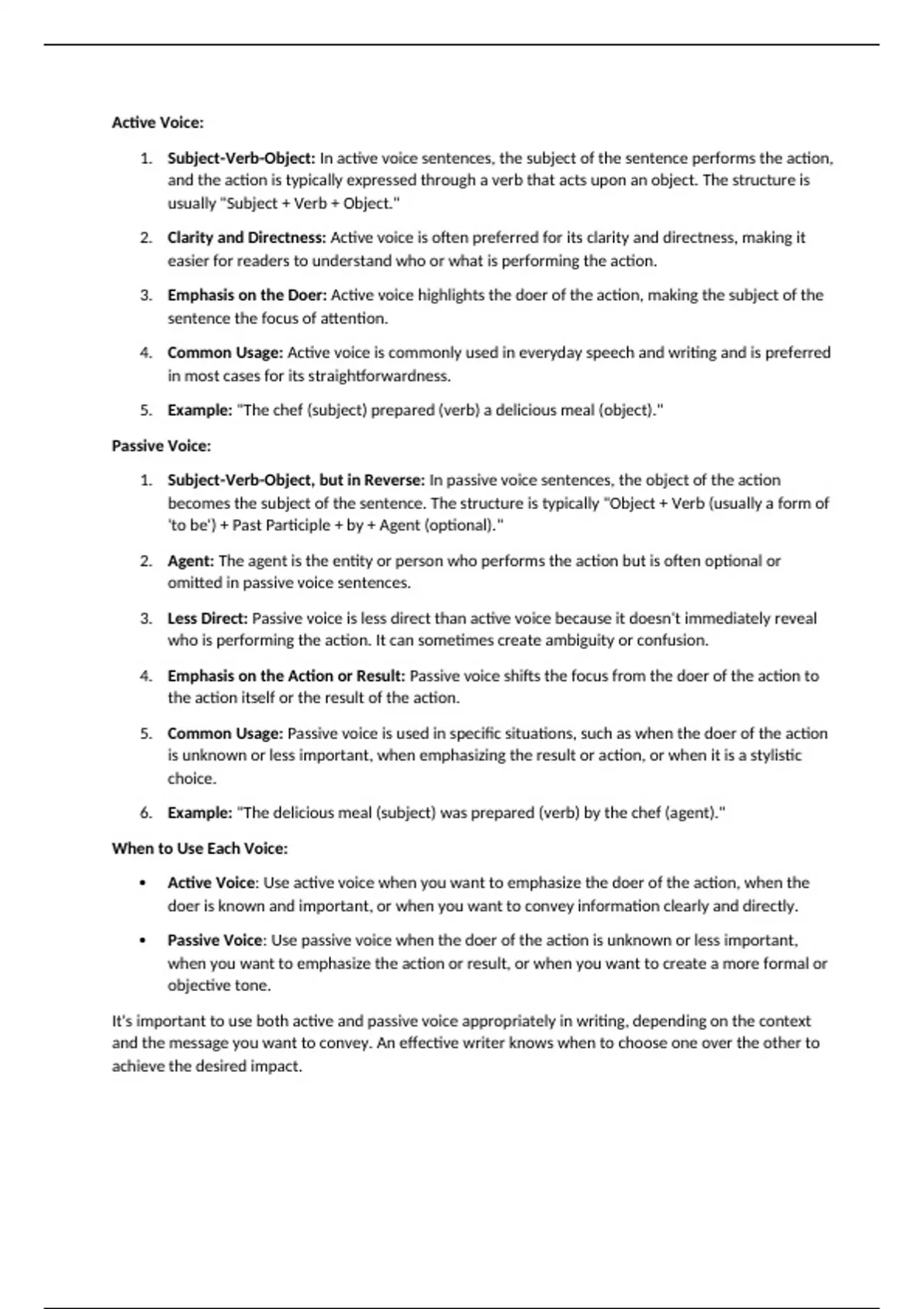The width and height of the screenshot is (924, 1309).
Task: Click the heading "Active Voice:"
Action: [x=158, y=122]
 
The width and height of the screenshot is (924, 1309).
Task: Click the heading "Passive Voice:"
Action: [x=161, y=446]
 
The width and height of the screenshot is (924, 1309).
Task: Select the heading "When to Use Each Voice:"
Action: [x=199, y=849]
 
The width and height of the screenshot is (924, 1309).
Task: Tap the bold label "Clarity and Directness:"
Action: [x=246, y=238]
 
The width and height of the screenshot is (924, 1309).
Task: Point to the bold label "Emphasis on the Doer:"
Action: [x=247, y=295]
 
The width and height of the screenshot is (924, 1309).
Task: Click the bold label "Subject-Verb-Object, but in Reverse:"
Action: [x=296, y=480]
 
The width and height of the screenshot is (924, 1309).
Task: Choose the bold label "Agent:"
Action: [x=190, y=561]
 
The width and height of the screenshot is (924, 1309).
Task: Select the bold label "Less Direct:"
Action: [x=207, y=618]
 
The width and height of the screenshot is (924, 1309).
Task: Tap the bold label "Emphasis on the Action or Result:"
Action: [x=286, y=676]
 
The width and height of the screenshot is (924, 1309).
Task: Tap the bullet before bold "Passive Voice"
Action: [x=142, y=941]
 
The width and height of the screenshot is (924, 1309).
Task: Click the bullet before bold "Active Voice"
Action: [x=142, y=883]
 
